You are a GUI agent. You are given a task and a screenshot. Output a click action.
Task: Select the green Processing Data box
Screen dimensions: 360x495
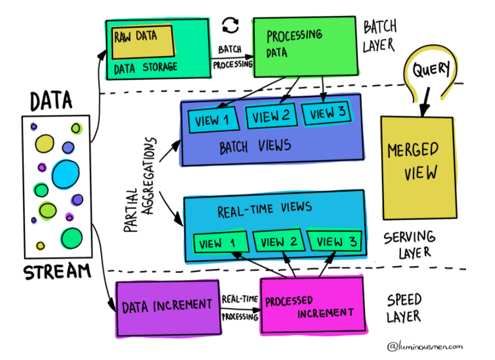point(305,46)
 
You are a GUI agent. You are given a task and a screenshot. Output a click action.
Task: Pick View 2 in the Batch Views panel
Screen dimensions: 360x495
point(271,116)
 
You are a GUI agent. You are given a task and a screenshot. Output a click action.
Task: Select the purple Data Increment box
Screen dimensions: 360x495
point(167,306)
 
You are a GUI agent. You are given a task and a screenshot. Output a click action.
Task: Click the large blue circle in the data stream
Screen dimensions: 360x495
point(65,173)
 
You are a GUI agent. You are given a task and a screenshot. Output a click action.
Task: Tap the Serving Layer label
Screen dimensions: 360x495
point(409,245)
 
